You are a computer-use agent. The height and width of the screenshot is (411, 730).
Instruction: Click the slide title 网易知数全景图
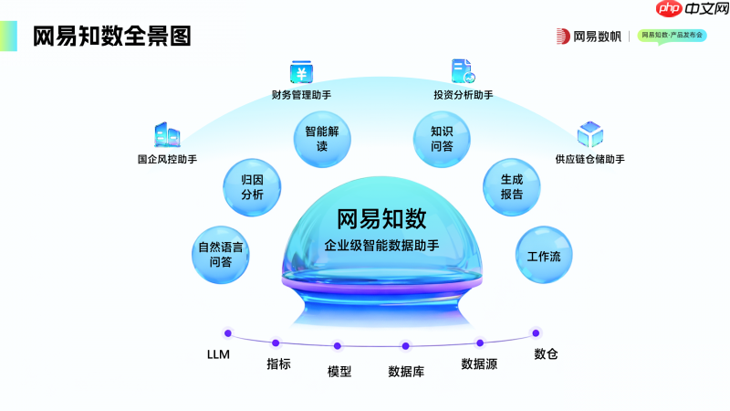111,36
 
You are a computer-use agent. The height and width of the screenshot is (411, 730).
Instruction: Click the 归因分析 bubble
252,186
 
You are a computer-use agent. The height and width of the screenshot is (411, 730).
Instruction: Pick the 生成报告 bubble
511,186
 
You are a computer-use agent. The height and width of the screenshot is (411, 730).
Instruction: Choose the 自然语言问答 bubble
220,254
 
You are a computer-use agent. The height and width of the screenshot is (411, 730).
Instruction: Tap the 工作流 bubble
544,256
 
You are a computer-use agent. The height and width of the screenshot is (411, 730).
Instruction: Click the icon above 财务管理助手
300,72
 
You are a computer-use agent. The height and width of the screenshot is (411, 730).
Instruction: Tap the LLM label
219,353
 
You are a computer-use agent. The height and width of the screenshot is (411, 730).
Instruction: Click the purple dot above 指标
276,343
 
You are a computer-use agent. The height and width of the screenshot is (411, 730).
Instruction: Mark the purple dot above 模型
338,346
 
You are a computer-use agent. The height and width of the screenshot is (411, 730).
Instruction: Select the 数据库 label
405,372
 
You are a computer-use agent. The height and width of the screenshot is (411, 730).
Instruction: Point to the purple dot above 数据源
480,343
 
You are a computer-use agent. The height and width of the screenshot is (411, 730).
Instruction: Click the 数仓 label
546,353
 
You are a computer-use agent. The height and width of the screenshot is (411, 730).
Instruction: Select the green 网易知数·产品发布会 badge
672,36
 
